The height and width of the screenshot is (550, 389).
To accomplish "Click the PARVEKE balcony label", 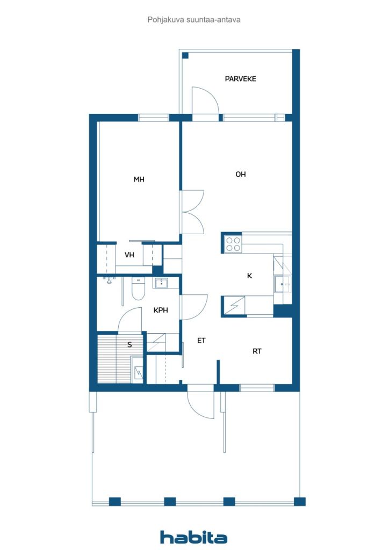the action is [240, 78].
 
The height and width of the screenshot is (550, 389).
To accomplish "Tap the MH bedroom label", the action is [139, 179].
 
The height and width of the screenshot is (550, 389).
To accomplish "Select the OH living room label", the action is [241, 174].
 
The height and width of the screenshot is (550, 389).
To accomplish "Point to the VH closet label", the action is [129, 255].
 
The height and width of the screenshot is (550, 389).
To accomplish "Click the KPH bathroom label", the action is [161, 310].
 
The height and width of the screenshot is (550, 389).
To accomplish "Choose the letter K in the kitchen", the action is [249, 276].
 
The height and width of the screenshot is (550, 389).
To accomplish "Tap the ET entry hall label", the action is [201, 340].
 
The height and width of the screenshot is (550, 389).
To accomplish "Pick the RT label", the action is [257, 351].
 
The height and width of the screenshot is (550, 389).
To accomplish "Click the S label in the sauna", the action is [129, 345].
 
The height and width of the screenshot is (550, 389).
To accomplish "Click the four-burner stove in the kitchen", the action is [233, 244].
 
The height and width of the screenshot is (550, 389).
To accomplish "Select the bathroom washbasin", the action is [161, 283].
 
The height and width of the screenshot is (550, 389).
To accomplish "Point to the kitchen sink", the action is [283, 284].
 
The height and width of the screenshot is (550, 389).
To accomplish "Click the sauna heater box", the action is [137, 369].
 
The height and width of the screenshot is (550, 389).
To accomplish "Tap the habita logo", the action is [194, 537].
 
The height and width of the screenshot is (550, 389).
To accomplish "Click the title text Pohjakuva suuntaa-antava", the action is [194, 20].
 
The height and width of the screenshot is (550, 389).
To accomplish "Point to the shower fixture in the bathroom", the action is [110, 280].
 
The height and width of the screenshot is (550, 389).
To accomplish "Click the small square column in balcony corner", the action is [185, 55].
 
